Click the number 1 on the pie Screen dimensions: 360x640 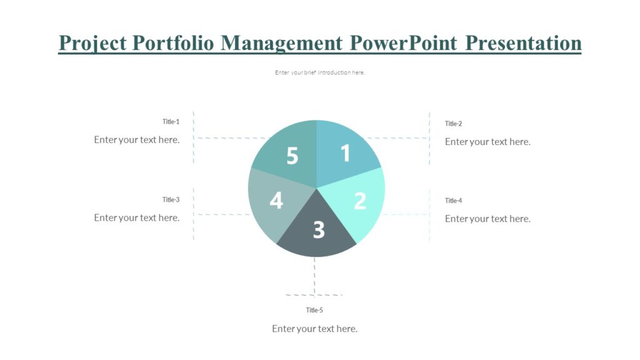tap(346, 153)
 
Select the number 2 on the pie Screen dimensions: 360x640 tap(360, 201)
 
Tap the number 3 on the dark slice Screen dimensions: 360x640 tap(319, 230)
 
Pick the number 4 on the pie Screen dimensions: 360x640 tap(276, 201)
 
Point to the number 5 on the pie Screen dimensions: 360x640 tap(292, 156)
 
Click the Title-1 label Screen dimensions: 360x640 tap(171, 122)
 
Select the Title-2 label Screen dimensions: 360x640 tap(453, 124)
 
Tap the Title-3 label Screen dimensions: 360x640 tap(171, 200)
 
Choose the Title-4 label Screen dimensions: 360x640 tap(453, 201)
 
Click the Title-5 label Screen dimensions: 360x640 tap(314, 310)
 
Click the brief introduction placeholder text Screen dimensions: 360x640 tap(319, 72)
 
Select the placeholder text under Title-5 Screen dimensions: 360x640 tap(314, 329)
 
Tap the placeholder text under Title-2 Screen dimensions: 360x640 tap(487, 142)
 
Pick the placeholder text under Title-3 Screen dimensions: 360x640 tap(137, 217)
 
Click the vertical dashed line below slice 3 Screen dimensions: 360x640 tap(314, 275)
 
